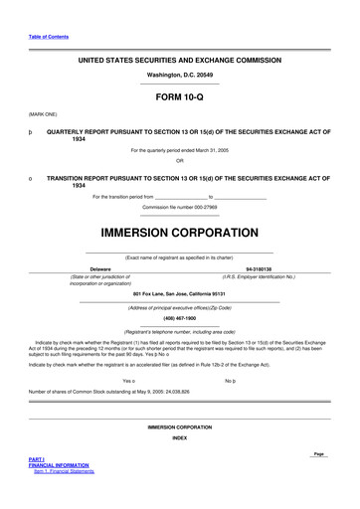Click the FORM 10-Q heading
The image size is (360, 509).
point(179,99)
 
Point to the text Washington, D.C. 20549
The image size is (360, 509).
point(179,75)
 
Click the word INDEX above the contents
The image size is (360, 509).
point(179,437)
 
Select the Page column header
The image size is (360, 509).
point(318,453)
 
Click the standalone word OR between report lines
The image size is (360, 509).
point(179,160)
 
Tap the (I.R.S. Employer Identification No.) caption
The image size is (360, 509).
point(259,275)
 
